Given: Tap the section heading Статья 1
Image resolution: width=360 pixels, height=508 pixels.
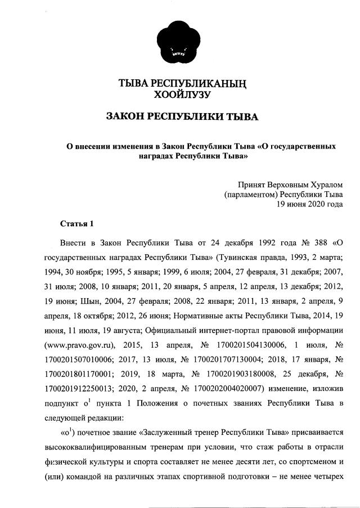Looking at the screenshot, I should (x=76, y=224).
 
